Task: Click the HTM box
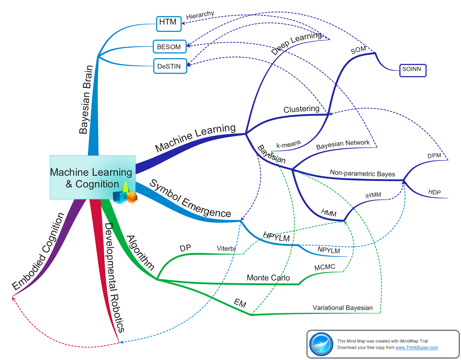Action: pyautogui.click(x=169, y=24)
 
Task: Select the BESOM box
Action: pyautogui.click(x=169, y=47)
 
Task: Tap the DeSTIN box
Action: pyautogui.click(x=170, y=66)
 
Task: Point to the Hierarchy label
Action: pyautogui.click(x=200, y=15)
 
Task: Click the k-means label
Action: pyautogui.click(x=288, y=144)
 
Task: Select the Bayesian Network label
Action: pyautogui.click(x=343, y=145)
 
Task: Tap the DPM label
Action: pyautogui.click(x=434, y=156)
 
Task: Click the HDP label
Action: pyautogui.click(x=434, y=192)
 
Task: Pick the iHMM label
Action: pyautogui.click(x=373, y=195)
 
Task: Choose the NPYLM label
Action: pyautogui.click(x=329, y=250)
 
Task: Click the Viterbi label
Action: pyautogui.click(x=226, y=249)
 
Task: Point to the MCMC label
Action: pyautogui.click(x=325, y=267)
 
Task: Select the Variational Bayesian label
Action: pyautogui.click(x=343, y=308)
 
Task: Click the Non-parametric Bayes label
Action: pyautogui.click(x=362, y=173)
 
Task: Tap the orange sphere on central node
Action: pyautogui.click(x=132, y=198)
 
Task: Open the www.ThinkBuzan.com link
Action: pyautogui.click(x=417, y=348)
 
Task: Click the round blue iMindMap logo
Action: pyautogui.click(x=321, y=344)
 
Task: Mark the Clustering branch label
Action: pyautogui.click(x=301, y=109)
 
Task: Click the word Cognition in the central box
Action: pyautogui.click(x=97, y=184)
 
